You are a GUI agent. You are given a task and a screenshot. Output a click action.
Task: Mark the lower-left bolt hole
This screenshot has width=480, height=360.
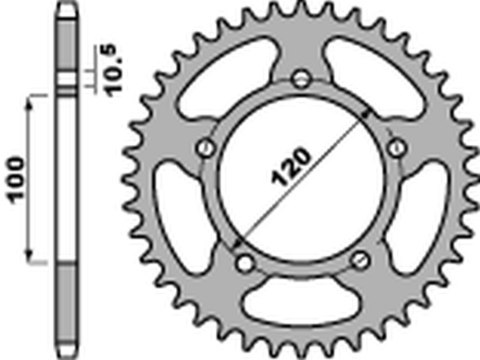[243, 261]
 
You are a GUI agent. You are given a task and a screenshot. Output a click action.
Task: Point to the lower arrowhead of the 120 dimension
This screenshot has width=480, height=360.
[236, 244]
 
